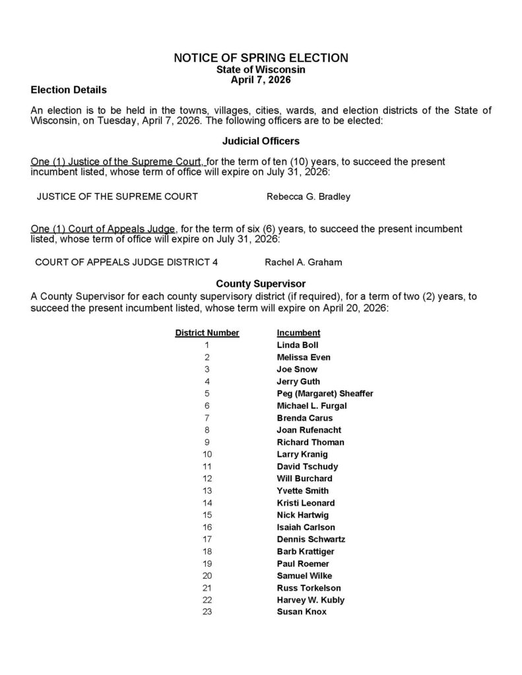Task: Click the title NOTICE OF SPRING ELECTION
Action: coord(261,58)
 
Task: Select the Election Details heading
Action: coord(69,89)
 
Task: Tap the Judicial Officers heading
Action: coord(261,141)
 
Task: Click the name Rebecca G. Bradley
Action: coord(308,196)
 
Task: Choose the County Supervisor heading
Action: coord(261,284)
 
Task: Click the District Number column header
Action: coord(207,333)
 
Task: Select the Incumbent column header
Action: coord(298,333)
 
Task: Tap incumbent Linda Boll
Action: coord(298,345)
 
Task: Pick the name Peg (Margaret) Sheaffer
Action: coord(325,394)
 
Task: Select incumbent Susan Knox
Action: coord(302,612)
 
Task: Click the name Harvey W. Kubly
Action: coord(310,600)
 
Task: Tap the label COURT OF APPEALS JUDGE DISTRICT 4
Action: coord(126,262)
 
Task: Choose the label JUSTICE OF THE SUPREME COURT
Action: coord(117,196)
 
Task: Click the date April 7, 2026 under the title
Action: coord(261,79)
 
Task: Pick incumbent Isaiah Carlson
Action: coord(306,527)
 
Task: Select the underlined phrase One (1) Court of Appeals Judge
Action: coord(104,229)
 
